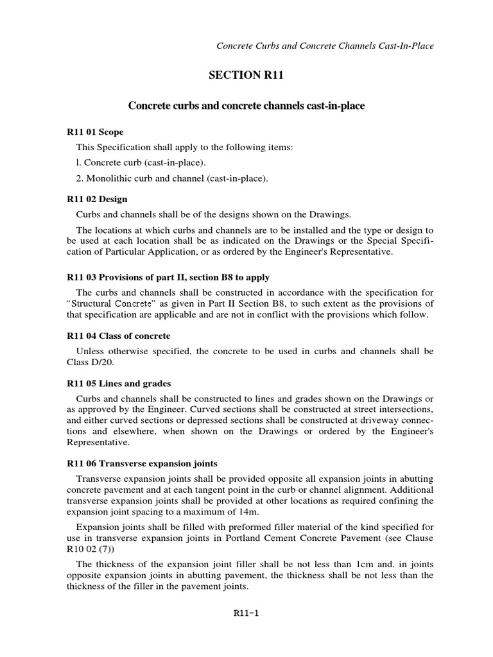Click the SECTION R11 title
click(246, 76)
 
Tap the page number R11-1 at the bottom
click(246, 613)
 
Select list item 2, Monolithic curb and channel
click(171, 178)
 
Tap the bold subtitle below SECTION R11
click(246, 105)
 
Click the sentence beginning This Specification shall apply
click(184, 148)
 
